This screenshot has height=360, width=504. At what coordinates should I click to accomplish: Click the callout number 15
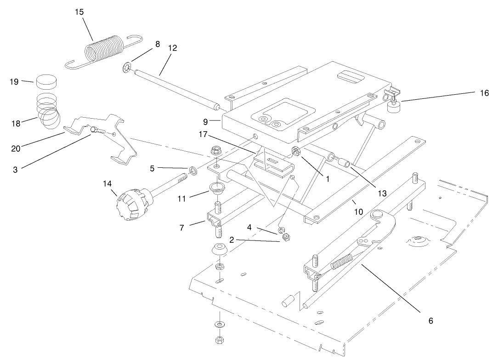(79, 12)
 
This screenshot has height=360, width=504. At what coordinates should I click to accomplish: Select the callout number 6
(430, 320)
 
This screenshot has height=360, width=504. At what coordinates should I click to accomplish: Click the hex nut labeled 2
(285, 237)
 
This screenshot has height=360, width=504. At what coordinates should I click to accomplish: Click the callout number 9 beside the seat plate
(205, 122)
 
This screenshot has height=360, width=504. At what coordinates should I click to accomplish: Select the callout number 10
(358, 211)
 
